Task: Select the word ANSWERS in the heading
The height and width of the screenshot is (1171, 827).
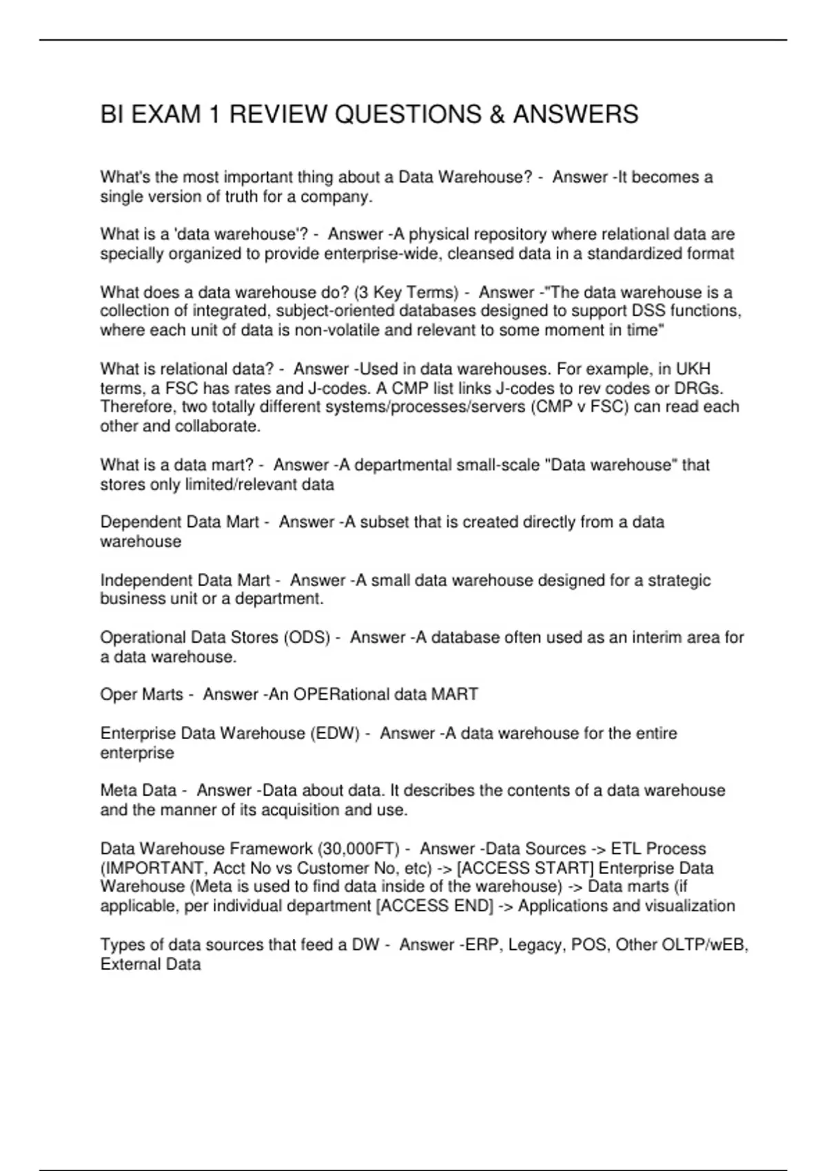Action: tap(575, 114)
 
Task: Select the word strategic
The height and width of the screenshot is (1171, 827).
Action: tap(676, 581)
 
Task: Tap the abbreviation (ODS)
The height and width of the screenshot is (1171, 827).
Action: tap(307, 638)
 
